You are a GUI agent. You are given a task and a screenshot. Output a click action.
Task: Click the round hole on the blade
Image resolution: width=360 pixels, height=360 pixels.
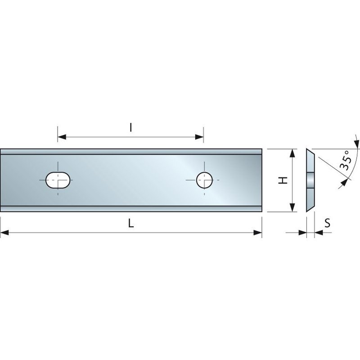[204, 180]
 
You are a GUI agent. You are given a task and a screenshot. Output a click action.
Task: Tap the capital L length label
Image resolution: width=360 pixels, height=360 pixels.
[130, 224]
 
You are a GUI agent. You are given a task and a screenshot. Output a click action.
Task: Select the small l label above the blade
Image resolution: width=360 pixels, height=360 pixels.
[130, 127]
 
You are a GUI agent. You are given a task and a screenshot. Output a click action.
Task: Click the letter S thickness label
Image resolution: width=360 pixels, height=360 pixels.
[328, 223]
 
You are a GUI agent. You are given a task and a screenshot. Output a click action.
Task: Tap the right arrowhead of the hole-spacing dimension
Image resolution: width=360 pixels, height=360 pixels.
[200, 136]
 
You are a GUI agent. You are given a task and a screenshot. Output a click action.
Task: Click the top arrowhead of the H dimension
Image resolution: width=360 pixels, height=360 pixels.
[293, 153]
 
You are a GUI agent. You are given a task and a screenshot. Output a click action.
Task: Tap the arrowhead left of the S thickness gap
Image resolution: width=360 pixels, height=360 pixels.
[302, 233]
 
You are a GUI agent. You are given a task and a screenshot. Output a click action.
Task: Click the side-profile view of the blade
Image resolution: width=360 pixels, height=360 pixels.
[310, 180]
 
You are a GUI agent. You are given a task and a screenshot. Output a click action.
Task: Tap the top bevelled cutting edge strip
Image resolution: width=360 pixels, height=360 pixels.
[130, 152]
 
